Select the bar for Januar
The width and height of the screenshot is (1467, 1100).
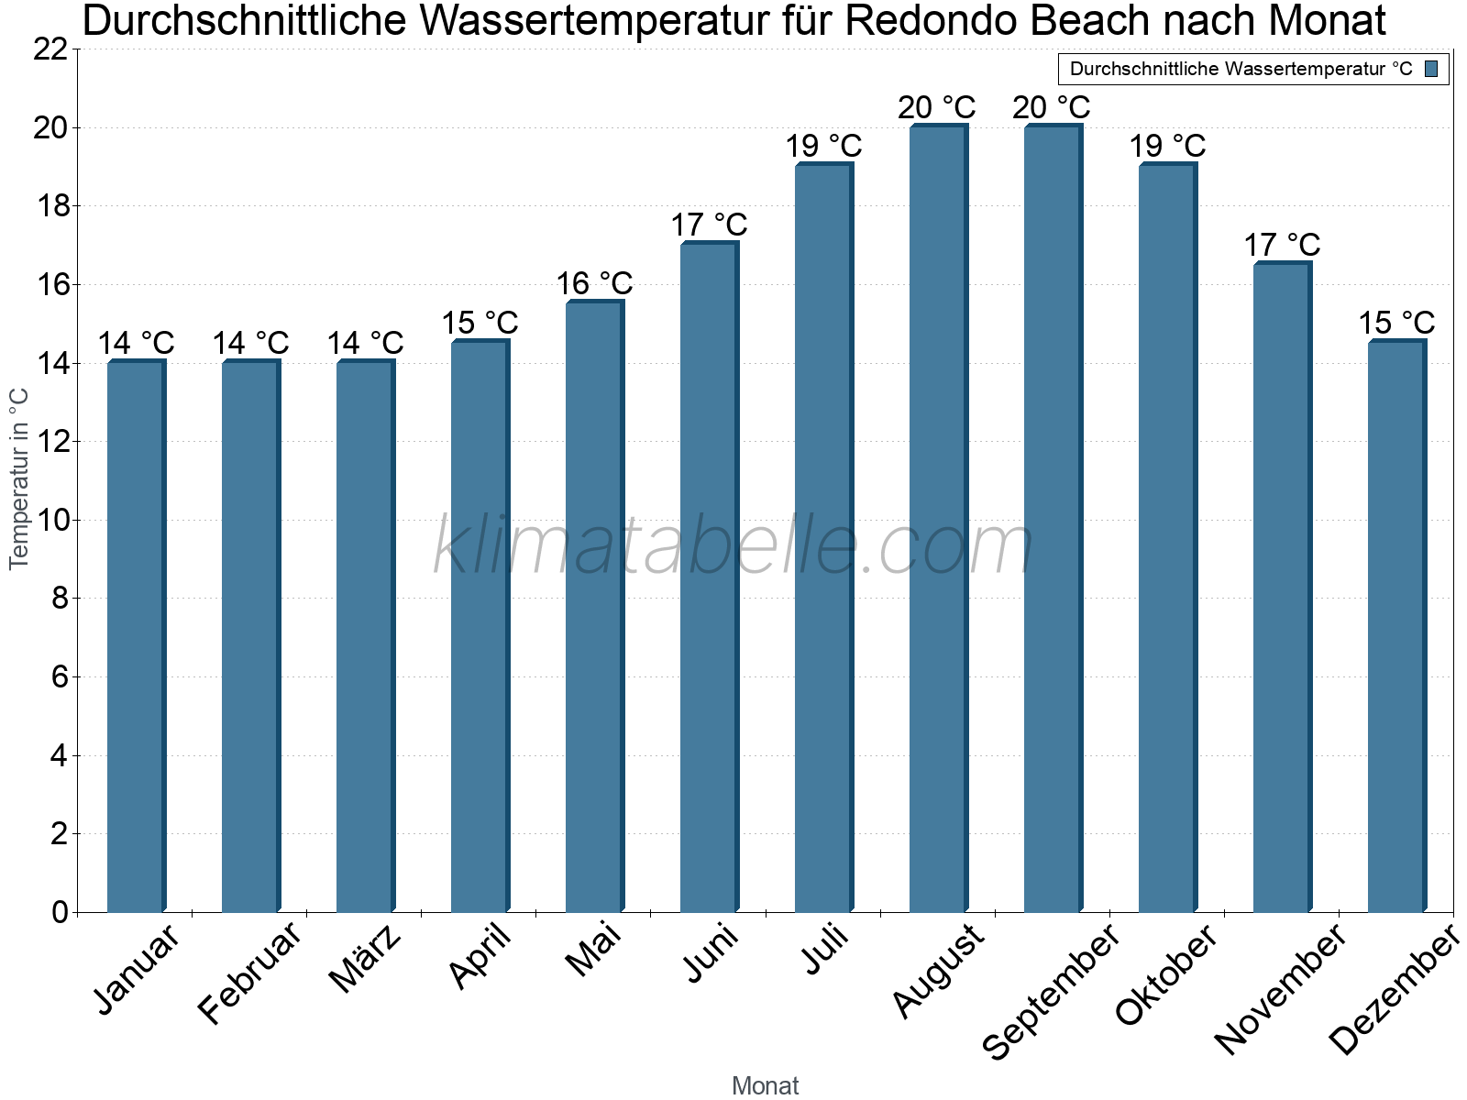136,637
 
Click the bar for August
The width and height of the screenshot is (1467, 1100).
938,519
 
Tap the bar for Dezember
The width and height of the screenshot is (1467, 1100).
1396,627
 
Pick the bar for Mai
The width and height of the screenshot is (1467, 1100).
594,607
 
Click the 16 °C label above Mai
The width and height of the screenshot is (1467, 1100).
594,283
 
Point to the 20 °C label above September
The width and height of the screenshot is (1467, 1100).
1052,107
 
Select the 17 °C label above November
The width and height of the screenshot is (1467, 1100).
1282,245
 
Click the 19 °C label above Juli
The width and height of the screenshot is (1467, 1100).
823,146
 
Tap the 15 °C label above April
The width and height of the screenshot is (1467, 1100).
480,323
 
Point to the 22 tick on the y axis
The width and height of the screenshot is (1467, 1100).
51,49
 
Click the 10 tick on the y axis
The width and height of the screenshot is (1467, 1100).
51,521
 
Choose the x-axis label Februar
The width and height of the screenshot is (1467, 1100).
249,973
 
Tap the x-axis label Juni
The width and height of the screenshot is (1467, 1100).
711,953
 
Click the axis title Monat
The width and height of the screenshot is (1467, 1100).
766,1086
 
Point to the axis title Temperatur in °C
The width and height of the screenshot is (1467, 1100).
19,478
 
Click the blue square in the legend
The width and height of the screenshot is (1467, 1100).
1432,69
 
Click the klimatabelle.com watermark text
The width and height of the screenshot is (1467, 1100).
733,546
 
